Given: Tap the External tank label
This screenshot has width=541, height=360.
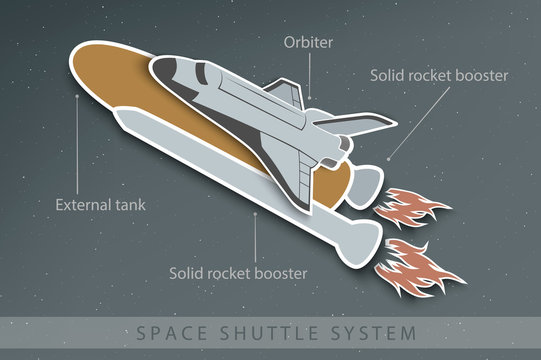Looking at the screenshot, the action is tap(100, 205).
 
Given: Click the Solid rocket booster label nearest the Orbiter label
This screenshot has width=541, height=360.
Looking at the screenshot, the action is tap(439, 75).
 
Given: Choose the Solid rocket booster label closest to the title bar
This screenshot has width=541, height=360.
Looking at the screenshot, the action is tap(238, 272).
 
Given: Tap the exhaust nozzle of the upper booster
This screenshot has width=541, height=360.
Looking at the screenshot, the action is tap(364, 184).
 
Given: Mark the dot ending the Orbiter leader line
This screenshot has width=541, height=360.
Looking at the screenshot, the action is tap(309, 97).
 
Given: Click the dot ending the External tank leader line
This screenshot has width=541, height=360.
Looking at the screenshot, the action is tap(78, 96).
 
